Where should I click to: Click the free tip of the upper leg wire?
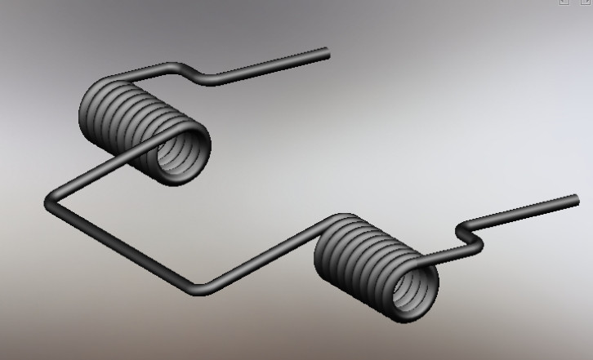tap(326, 53)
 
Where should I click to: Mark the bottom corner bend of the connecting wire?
tap(198, 287)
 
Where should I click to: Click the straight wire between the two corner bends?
tap(123, 245)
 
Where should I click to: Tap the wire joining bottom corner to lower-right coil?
tap(261, 257)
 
